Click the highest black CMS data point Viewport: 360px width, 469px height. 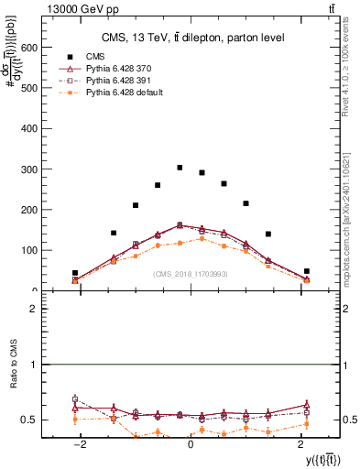tap(180, 168)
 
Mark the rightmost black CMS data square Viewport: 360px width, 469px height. tap(307, 271)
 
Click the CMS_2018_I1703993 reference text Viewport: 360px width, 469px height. tap(191, 273)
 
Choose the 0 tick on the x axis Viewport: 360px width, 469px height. tap(191, 444)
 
